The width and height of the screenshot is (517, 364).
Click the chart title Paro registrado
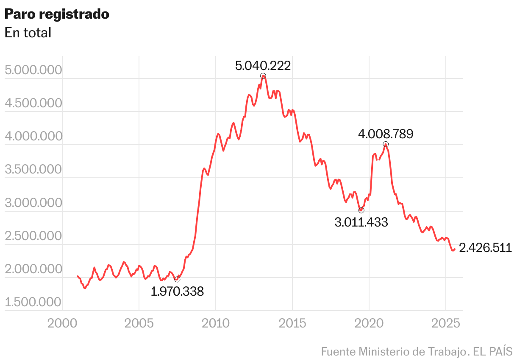(57, 14)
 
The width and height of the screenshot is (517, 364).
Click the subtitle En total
(28, 33)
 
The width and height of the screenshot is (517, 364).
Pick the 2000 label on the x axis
(62, 324)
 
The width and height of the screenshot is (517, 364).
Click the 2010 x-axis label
(216, 324)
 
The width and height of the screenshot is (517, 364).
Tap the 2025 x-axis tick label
(446, 324)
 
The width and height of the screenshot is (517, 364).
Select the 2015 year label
(292, 324)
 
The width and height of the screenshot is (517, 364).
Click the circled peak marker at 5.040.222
(263, 76)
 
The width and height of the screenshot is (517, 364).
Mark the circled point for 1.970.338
(177, 279)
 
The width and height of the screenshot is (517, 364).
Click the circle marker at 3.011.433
(361, 210)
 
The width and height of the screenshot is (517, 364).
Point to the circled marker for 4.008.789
(386, 144)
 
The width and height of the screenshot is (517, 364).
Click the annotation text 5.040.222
(263, 66)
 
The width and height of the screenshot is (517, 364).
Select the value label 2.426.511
(485, 248)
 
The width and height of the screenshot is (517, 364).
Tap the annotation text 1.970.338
(177, 291)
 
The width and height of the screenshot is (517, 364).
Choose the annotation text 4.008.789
(385, 134)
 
